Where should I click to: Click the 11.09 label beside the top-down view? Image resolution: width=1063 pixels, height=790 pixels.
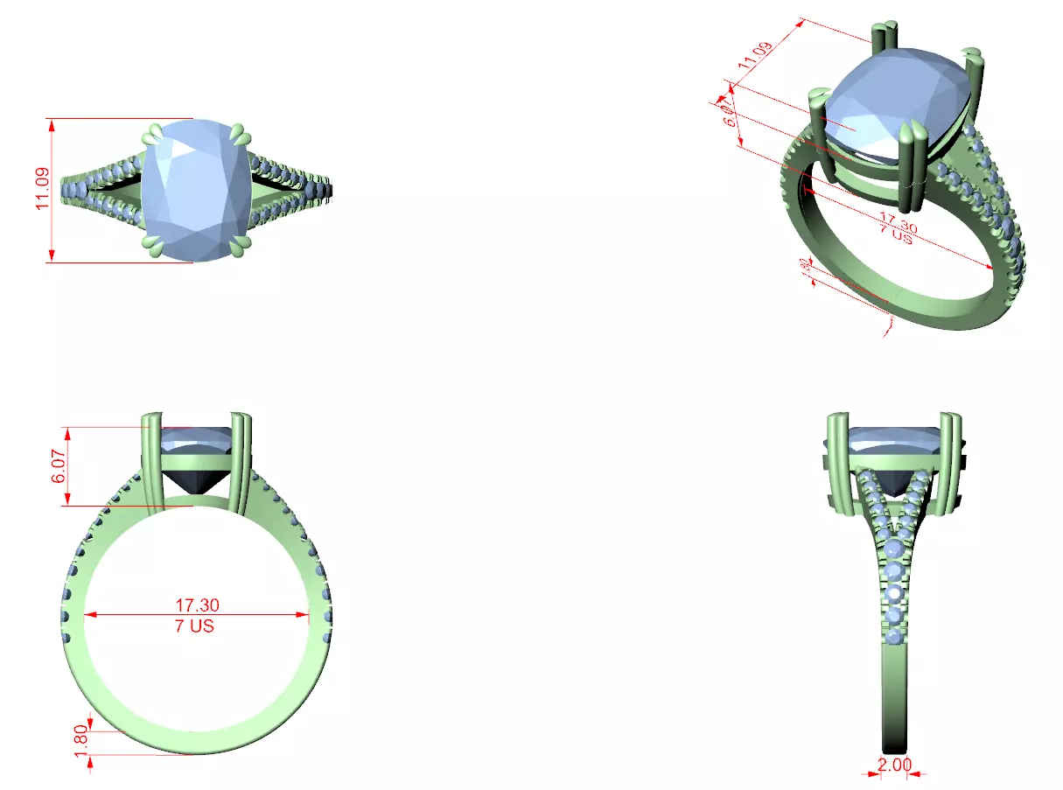click(x=40, y=191)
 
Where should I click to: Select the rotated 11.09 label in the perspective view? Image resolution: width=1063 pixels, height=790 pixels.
click(x=755, y=55)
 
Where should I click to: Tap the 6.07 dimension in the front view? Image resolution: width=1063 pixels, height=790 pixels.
click(x=59, y=466)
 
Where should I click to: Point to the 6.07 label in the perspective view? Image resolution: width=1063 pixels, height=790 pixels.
click(x=730, y=112)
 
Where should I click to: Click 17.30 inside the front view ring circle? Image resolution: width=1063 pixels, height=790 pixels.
click(x=197, y=605)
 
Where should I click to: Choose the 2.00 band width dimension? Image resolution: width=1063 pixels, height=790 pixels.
click(x=893, y=765)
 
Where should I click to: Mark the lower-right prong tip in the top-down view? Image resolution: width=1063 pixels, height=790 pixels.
click(x=241, y=246)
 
